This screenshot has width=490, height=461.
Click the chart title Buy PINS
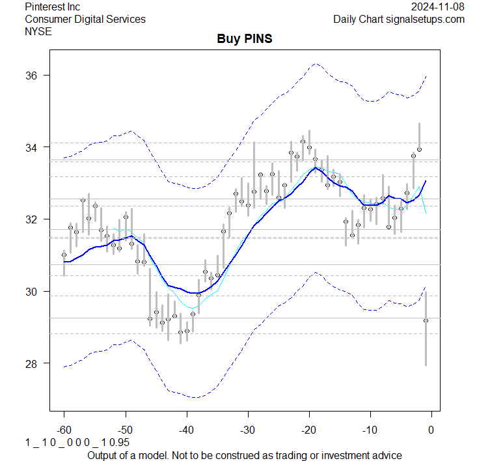coord(244,38)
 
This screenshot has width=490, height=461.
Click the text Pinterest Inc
coord(52,7)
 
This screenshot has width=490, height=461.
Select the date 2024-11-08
coord(438,7)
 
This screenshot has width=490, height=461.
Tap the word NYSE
coord(38,31)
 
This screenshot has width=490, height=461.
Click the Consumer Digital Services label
coord(85,19)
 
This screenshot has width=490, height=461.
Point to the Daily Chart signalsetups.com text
coord(399,19)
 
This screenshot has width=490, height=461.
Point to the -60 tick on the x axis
coord(64,429)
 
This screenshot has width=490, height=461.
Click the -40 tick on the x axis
coord(186,429)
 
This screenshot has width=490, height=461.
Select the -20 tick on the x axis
coord(308,429)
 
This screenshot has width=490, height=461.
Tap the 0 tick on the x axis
coord(431,429)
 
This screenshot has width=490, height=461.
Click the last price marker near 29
coord(426,320)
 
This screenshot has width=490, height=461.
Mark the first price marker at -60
coord(64,255)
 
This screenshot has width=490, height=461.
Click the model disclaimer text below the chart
coord(244,454)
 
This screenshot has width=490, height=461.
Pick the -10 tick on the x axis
coord(370,429)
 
